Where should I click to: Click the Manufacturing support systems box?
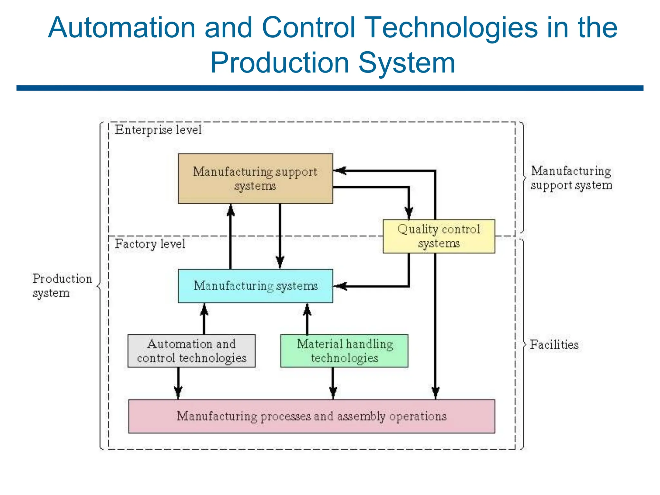coord(255,178)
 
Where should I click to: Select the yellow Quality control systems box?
coord(439,236)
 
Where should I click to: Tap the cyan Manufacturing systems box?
coord(255,286)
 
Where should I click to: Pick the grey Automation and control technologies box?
coord(191,351)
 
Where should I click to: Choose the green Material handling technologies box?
coord(344,351)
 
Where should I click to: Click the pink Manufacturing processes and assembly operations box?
coord(311,416)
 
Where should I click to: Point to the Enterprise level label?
coord(158,130)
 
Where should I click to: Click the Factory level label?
coord(150,244)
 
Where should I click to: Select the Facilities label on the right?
coord(554,345)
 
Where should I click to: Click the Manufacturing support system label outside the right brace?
coord(571,178)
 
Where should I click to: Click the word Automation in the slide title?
coord(122,28)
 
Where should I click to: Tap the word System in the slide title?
coord(407,63)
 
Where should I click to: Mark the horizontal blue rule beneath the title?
coord(330,88)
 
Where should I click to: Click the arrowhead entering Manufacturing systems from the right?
coord(340,286)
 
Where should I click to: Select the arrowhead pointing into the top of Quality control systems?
coord(409,213)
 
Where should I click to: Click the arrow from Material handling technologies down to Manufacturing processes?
coord(333,383)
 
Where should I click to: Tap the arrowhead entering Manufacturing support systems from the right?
coord(340,171)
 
